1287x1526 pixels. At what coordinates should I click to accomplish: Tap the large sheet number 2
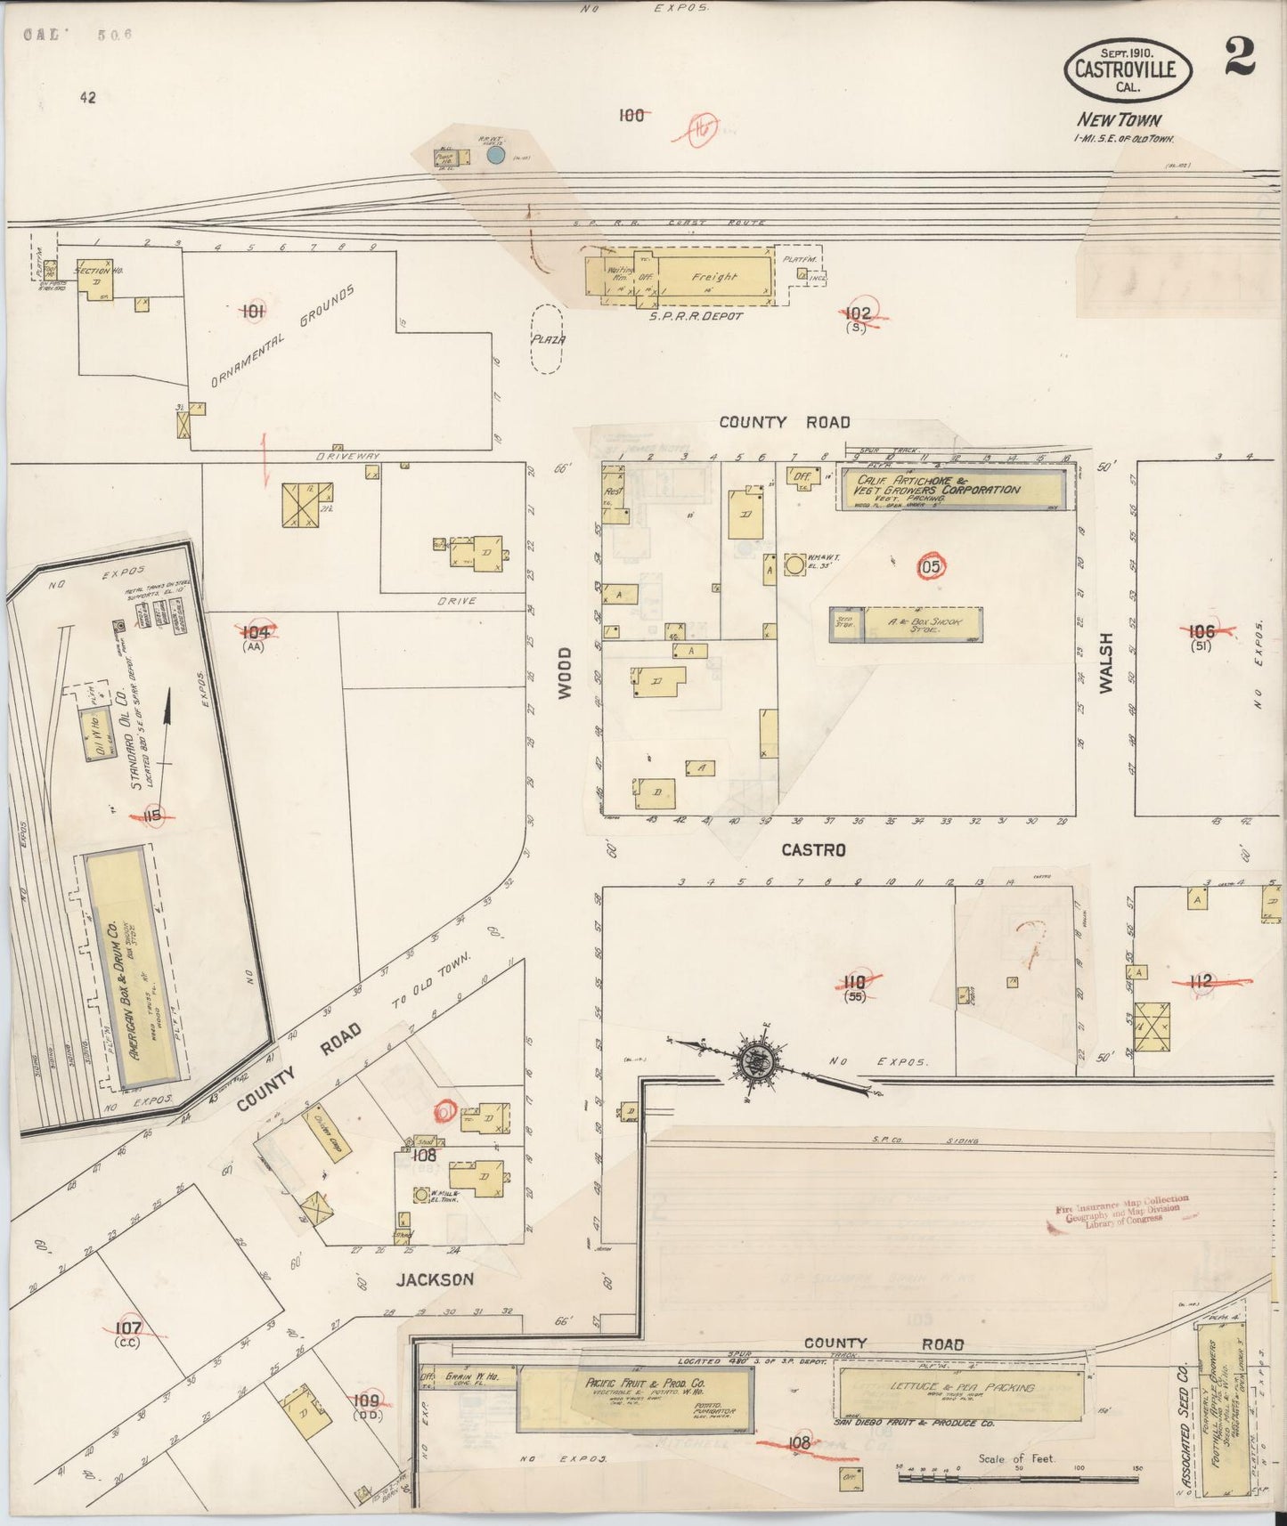(1239, 60)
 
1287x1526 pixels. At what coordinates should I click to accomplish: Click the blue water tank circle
(496, 156)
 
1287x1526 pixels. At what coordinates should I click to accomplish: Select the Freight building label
(714, 277)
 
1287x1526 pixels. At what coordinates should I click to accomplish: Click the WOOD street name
(565, 673)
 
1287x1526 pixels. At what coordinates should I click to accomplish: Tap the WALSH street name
(1105, 662)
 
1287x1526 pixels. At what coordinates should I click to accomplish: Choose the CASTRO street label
(812, 850)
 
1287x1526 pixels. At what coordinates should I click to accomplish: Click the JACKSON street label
(435, 1279)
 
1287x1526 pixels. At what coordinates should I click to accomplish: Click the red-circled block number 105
(928, 565)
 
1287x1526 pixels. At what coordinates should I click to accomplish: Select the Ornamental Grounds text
(283, 337)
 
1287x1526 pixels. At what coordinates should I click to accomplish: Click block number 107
(128, 1328)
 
